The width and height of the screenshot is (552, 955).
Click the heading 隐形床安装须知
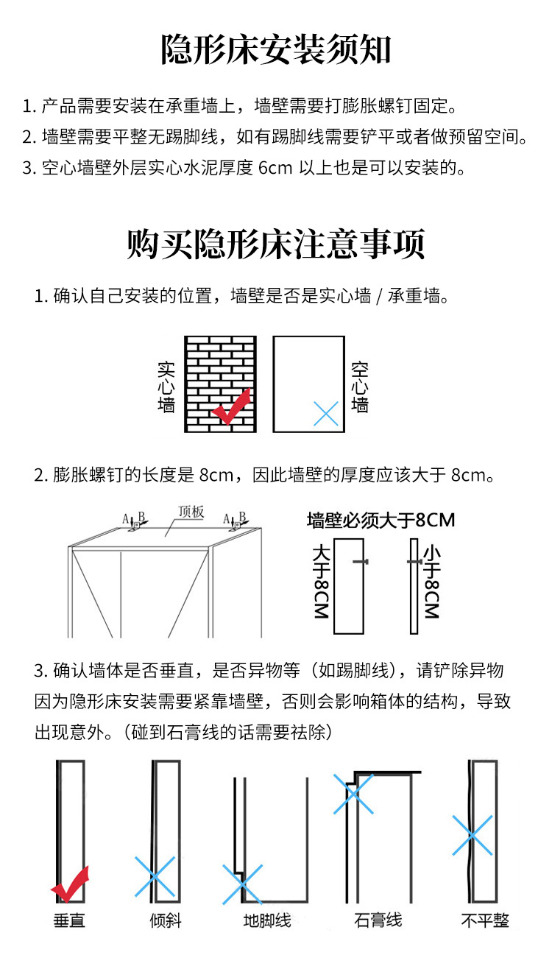point(276,49)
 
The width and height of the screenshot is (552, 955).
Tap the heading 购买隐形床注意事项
point(276,244)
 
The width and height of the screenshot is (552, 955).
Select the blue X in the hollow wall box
point(326,413)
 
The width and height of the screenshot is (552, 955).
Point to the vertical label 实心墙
point(166,387)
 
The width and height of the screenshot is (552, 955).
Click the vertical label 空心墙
point(360,387)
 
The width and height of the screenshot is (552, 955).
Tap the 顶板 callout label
point(191,512)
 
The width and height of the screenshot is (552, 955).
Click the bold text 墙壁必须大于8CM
point(381,520)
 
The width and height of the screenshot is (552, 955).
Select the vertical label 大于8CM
point(321,582)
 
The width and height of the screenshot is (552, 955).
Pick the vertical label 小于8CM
point(432,582)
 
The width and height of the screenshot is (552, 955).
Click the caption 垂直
point(69,920)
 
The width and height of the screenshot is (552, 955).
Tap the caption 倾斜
point(166,920)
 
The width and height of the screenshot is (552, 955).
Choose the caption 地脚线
point(267,920)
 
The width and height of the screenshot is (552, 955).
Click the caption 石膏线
point(378,920)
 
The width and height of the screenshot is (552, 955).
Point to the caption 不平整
point(485,920)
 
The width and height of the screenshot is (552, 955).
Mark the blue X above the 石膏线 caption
point(353,794)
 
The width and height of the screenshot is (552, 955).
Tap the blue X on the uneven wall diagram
point(473,836)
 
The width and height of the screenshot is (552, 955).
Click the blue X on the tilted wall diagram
point(155,876)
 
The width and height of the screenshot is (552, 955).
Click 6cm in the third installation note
point(275,168)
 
